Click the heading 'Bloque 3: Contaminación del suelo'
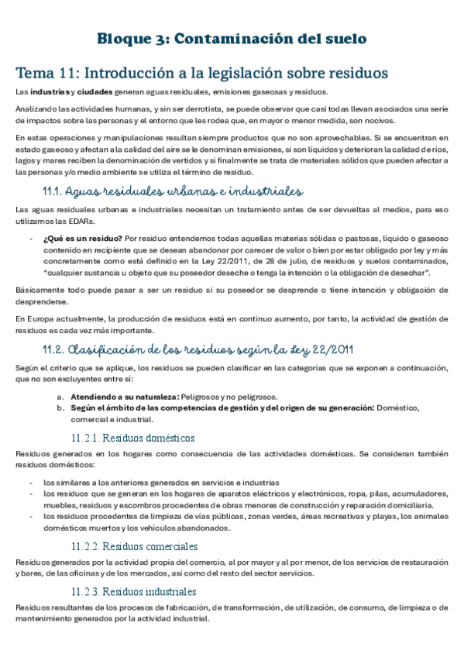pos(232,38)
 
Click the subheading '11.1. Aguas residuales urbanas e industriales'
pos(173,191)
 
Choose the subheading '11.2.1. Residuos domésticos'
pos(132,438)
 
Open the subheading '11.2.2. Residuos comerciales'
pos(137,546)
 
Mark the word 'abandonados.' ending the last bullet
pos(205,528)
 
